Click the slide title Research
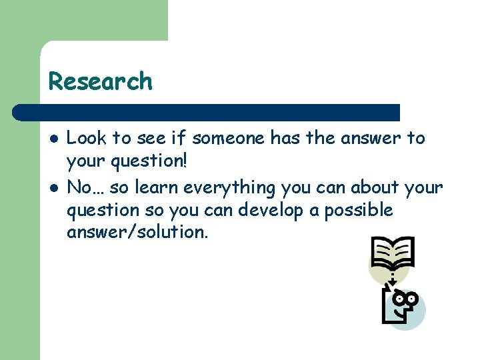coord(100,81)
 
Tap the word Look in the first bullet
coord(87,139)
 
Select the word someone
coord(229,139)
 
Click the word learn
coord(160,187)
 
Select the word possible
coord(361,211)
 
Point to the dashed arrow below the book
coord(392,276)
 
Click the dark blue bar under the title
coord(207,112)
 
